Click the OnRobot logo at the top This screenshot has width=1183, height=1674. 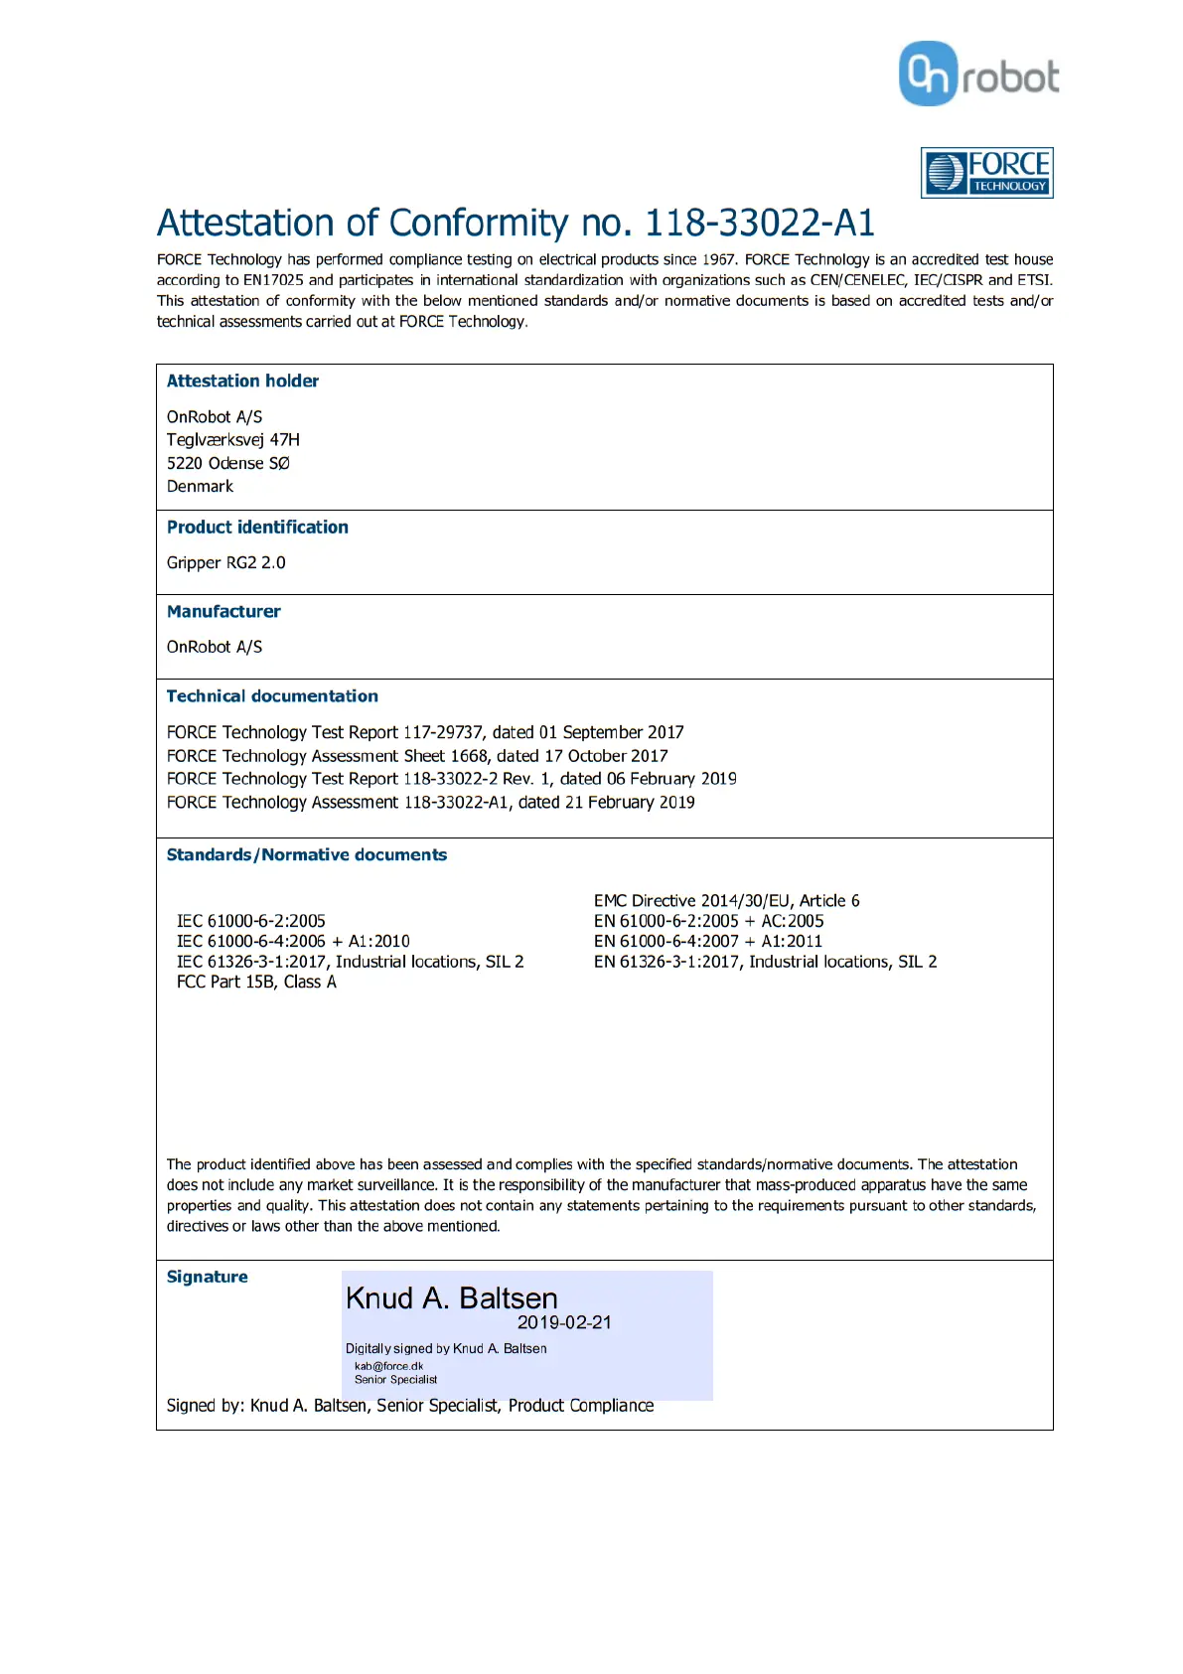coord(978,75)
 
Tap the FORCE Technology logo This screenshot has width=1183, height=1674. coord(986,173)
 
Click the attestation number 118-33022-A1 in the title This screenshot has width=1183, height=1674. coord(760,224)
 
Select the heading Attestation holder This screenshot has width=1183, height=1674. coord(242,381)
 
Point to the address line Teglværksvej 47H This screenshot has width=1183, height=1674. coord(233,440)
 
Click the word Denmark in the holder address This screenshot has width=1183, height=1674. coord(200,487)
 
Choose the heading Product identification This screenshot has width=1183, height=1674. coord(257,528)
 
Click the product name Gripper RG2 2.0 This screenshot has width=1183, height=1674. coord(225,563)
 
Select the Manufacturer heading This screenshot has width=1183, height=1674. coord(223,612)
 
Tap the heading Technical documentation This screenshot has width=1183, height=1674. coord(272,696)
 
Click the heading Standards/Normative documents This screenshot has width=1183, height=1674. coord(307,855)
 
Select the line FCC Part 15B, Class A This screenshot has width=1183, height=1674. coord(256,983)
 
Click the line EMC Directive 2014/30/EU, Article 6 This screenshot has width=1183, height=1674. coord(726,901)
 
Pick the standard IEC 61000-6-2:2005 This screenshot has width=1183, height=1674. coord(251,922)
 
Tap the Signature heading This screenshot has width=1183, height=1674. coord(207,1278)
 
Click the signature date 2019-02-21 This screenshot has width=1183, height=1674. coord(564,1323)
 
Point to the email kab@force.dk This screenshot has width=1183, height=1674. coord(388,1366)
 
